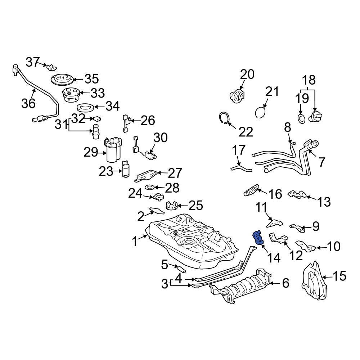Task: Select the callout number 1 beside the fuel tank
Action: coord(135,241)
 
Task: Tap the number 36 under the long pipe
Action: coord(28,103)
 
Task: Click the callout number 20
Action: coord(247,75)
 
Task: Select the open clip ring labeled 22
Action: coord(225,118)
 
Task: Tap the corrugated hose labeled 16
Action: coord(251,190)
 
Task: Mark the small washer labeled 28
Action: coord(150,188)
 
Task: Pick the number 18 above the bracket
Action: coord(308,80)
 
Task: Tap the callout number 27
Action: coord(175,173)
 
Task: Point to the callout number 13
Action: coord(324,202)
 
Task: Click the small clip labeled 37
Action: coord(52,67)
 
